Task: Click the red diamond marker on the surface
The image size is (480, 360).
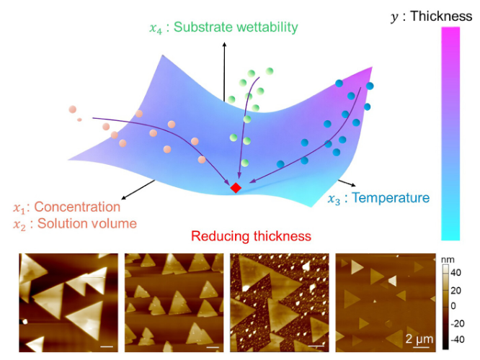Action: (236, 187)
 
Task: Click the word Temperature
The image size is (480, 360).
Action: (391, 197)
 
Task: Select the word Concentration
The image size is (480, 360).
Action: (77, 207)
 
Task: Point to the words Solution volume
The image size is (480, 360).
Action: (87, 224)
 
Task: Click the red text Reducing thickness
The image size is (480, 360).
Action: (251, 236)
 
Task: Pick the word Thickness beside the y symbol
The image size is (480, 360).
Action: (441, 16)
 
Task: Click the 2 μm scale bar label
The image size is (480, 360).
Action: (419, 339)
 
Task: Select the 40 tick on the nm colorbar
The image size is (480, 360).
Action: (455, 273)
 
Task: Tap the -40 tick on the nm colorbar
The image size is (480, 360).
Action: (458, 340)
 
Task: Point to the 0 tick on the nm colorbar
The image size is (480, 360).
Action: (453, 306)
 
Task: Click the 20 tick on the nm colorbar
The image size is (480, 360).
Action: (455, 290)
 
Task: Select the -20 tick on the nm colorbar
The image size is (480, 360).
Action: (458, 323)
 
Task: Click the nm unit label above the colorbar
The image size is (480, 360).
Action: (448, 260)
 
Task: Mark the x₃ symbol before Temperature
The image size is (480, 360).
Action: (334, 199)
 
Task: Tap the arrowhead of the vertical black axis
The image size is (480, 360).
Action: (224, 45)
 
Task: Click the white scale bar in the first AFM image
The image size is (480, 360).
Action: (107, 346)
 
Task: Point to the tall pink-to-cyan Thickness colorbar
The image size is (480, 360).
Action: (450, 133)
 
